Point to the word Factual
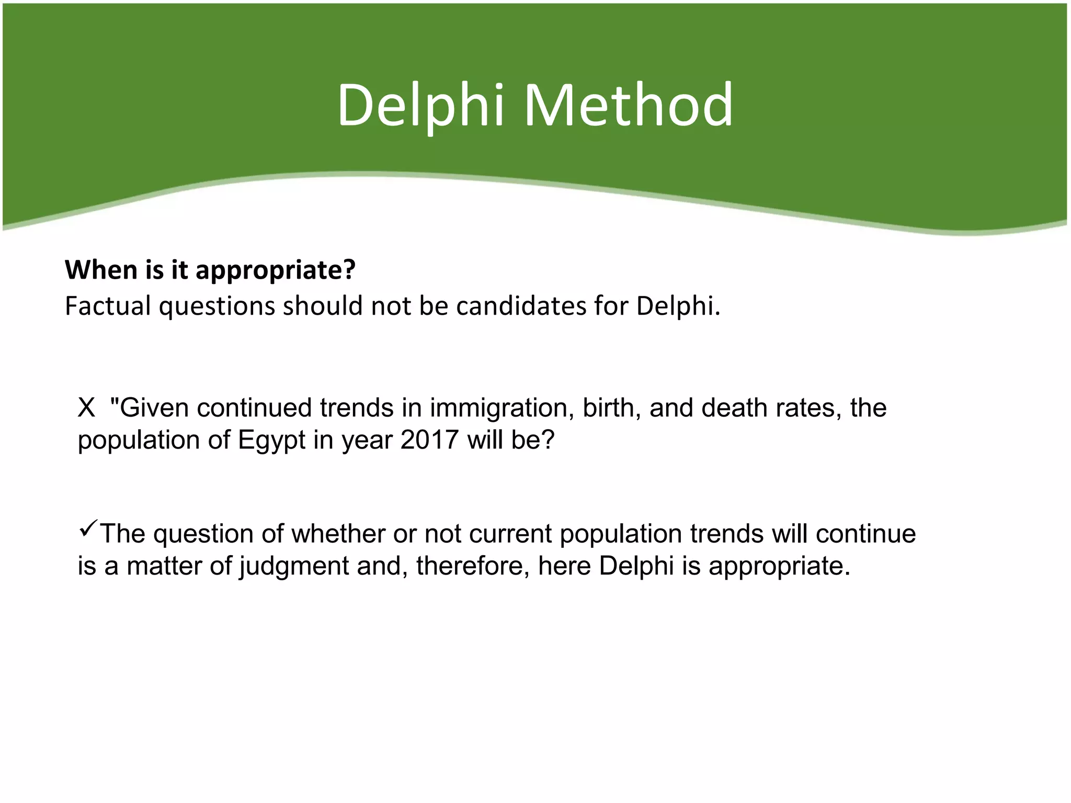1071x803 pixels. [x=108, y=306]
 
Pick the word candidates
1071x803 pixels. [x=521, y=306]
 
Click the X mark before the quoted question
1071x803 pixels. [x=86, y=408]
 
